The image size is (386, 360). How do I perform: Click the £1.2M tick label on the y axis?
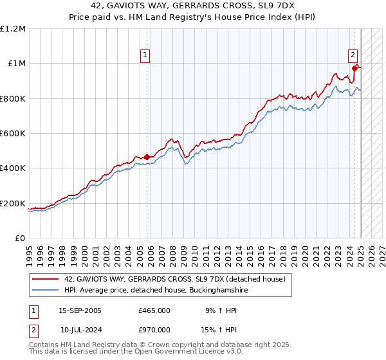coord(14,28)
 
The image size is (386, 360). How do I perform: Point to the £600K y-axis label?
coord(14,134)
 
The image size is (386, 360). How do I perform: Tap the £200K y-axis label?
coord(14,204)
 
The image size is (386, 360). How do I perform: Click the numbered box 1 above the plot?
coord(146,55)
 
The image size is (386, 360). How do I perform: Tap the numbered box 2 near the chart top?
coord(353,55)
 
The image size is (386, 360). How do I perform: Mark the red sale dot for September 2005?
coord(147,157)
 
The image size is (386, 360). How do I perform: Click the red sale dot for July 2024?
coord(354,68)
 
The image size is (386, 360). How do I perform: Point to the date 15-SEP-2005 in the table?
coord(80,310)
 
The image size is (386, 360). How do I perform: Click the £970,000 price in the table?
coord(154,329)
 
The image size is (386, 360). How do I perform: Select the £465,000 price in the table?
coord(154,310)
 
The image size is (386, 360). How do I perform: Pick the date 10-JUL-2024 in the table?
coord(80,329)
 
